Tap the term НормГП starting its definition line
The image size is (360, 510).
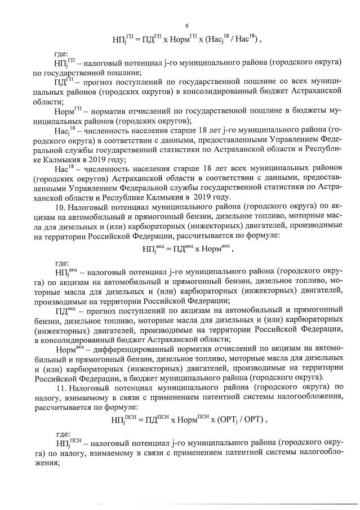pyautogui.click(x=66, y=112)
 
